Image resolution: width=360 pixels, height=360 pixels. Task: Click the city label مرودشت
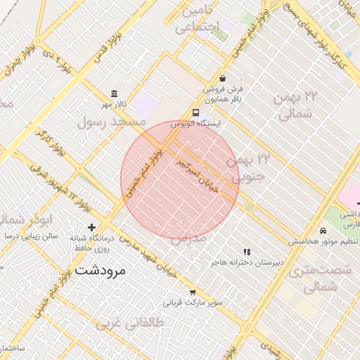(x=99, y=270)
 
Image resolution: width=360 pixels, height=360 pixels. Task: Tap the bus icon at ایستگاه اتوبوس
(x=195, y=112)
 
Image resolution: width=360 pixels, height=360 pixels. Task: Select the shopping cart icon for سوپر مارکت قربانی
(x=193, y=292)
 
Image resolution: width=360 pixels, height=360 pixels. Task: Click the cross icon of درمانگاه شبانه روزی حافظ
(x=91, y=227)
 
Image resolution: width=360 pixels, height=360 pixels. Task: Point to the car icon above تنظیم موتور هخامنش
(x=323, y=231)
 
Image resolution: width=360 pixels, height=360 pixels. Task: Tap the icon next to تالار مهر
(x=115, y=94)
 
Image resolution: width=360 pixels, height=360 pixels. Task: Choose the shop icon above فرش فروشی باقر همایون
(x=223, y=79)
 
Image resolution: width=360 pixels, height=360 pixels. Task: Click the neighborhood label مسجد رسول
(x=112, y=122)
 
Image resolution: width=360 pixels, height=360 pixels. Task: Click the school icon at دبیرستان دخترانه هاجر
(x=246, y=252)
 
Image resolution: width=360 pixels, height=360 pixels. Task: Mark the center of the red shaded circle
(x=180, y=180)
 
